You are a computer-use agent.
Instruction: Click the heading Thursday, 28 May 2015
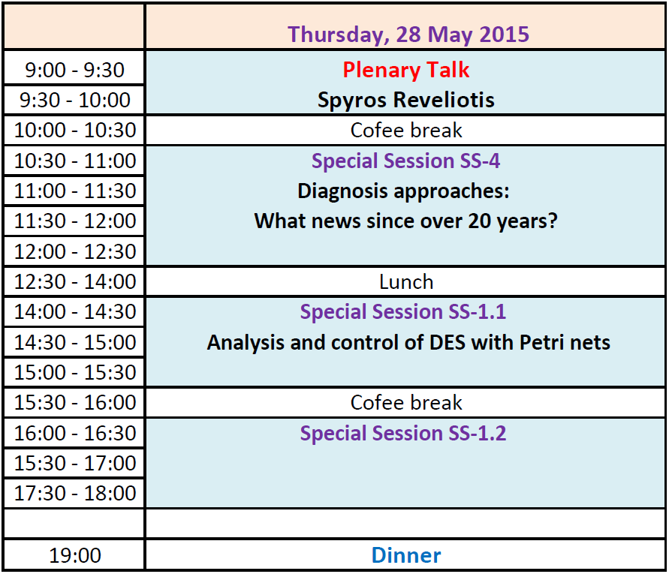[408, 35]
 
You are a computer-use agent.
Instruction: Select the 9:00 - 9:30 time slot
[74, 70]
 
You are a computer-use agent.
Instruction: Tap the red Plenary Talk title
[406, 70]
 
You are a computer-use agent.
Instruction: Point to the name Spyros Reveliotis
[406, 101]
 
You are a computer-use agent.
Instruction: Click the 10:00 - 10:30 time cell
[74, 130]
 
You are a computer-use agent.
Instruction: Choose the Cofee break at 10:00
[406, 130]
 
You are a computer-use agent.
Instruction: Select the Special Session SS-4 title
[405, 161]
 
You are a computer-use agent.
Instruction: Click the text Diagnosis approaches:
[404, 191]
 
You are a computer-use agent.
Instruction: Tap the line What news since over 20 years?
[406, 221]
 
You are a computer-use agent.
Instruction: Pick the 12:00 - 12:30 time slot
[74, 251]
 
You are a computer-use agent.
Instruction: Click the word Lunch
[406, 282]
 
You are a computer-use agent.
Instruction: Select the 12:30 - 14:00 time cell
[74, 281]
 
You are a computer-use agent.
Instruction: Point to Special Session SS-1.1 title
[403, 311]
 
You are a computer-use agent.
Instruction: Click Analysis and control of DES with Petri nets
[408, 342]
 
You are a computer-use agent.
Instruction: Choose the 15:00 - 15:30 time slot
[74, 372]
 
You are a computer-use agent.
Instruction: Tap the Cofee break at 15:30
[406, 403]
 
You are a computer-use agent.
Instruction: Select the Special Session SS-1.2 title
[403, 433]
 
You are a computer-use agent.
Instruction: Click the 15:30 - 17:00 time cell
[74, 463]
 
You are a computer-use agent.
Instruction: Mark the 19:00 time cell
[74, 555]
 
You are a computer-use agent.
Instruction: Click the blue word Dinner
[406, 555]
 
